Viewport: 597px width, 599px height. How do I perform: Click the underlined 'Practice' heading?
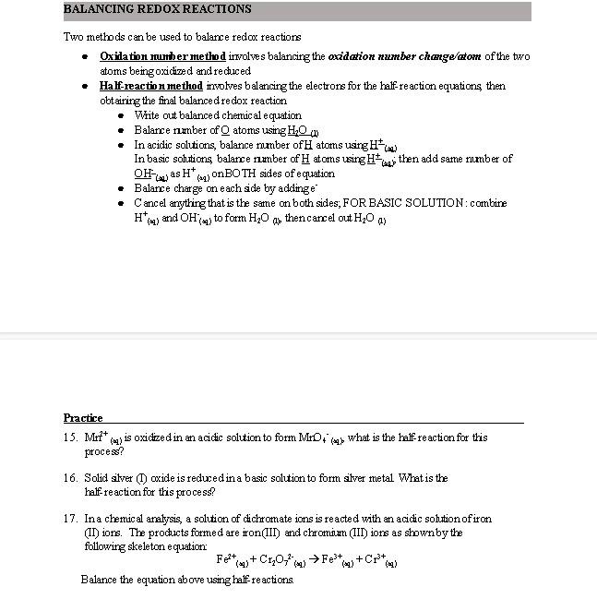pyautogui.click(x=83, y=418)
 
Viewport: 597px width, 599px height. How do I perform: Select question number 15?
pyautogui.click(x=70, y=437)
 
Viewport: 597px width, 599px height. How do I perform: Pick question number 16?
pyautogui.click(x=70, y=478)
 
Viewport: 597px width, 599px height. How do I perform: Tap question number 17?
pyautogui.click(x=70, y=519)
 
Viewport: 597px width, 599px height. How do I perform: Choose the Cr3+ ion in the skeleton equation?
pyautogui.click(x=376, y=559)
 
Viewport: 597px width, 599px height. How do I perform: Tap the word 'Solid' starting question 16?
pyautogui.click(x=96, y=478)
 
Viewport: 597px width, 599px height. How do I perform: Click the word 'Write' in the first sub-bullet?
pyautogui.click(x=148, y=115)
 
